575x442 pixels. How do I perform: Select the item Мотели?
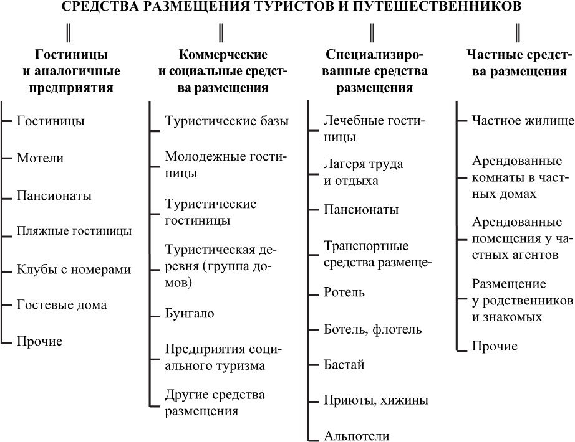pos(41,158)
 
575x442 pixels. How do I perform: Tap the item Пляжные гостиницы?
pos(74,231)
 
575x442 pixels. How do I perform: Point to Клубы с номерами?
pos(74,270)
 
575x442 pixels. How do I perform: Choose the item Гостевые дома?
pos(62,304)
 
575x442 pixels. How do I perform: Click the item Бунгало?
pos(190,314)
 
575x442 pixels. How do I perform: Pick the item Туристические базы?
pos(227,121)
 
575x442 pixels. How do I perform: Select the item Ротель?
pos(344,292)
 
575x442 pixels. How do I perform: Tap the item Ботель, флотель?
pos(372,329)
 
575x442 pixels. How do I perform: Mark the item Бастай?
pos(344,365)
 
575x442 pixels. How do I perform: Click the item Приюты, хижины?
pos(376,400)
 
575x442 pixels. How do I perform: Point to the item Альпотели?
pos(357,436)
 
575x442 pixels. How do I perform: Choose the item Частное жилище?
pos(523,121)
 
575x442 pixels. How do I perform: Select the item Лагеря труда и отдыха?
pos(363,172)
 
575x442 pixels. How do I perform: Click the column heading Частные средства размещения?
pos(519,63)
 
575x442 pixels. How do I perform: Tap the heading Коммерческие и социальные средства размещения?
pos(223,71)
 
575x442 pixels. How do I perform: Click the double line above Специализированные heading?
pos(372,32)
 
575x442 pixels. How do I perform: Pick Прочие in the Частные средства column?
pos(495,346)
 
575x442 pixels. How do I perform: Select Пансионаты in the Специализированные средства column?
pos(361,209)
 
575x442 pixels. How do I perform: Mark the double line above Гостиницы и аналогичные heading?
pos(68,32)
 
